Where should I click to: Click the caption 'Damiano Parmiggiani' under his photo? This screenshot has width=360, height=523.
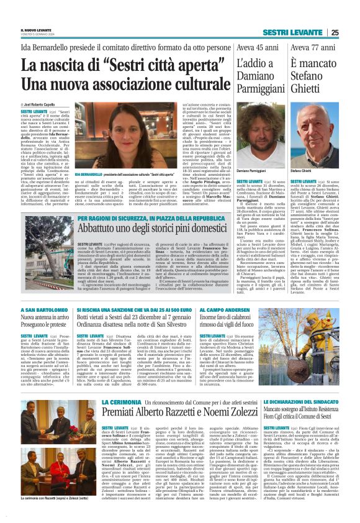(251, 170)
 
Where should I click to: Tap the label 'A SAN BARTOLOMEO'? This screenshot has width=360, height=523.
(43, 309)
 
